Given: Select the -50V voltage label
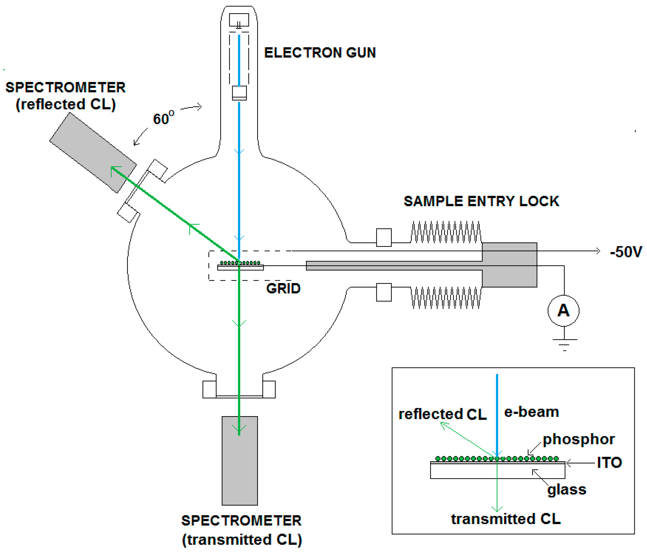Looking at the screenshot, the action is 626,252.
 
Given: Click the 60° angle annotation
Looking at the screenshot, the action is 163,118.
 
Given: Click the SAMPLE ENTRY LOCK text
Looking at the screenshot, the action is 482,201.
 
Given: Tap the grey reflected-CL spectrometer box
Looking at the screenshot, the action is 93,153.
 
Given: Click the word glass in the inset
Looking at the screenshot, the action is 567,489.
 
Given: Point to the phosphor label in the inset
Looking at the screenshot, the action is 579,440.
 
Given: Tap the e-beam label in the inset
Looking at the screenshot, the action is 531,412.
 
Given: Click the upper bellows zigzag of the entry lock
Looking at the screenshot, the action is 446,232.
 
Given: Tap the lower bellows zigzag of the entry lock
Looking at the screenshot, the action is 446,298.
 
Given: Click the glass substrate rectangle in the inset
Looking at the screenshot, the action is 498,471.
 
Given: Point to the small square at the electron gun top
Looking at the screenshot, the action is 239,20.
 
